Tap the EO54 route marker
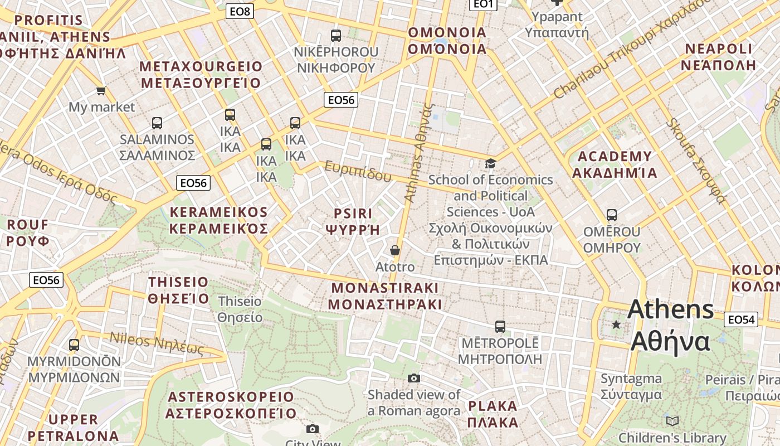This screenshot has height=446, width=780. (x=741, y=319)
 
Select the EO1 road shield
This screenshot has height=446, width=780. (x=482, y=4)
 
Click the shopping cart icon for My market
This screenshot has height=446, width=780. (x=101, y=90)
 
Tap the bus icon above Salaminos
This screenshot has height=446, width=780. (x=157, y=123)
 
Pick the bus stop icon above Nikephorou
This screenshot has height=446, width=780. (x=335, y=35)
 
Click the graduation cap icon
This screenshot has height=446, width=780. (x=490, y=163)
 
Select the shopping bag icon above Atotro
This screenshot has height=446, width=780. (x=395, y=250)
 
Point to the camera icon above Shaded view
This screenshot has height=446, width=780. (x=413, y=379)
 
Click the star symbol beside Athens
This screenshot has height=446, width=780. (x=616, y=324)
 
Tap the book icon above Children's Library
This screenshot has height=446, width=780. (x=672, y=421)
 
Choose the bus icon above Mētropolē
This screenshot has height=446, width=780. (x=500, y=327)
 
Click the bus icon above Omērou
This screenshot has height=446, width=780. (x=611, y=215)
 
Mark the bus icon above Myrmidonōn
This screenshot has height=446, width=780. (x=74, y=345)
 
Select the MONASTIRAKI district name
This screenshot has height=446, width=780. (x=385, y=296)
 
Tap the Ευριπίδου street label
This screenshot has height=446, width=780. (x=358, y=172)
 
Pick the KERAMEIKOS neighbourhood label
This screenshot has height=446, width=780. (x=218, y=220)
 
